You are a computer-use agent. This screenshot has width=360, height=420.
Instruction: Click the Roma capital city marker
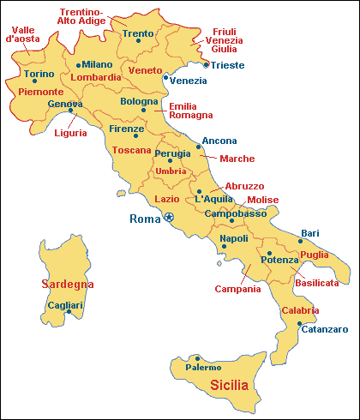(170, 218)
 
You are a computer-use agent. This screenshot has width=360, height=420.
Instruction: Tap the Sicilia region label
(229, 385)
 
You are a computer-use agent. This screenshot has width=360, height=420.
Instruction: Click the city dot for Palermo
(198, 358)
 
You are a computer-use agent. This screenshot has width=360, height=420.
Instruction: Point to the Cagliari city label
(66, 305)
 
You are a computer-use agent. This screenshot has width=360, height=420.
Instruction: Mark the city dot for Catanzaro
(299, 324)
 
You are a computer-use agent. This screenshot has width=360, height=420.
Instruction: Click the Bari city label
(309, 232)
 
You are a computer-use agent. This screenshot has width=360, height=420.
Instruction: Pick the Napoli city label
(234, 238)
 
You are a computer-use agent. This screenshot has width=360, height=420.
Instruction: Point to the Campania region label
(237, 289)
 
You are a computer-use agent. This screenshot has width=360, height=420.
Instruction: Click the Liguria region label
(70, 133)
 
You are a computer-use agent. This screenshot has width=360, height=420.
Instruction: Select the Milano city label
(97, 64)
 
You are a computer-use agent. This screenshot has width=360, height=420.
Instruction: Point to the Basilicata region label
(316, 281)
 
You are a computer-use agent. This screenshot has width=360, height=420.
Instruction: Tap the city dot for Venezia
(165, 76)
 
